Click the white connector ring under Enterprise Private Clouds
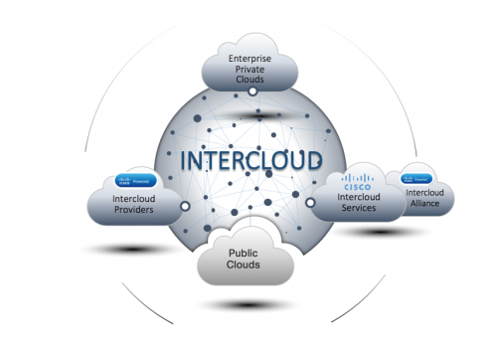pyautogui.click(x=252, y=91)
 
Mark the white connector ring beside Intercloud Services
pyautogui.click(x=310, y=203)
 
